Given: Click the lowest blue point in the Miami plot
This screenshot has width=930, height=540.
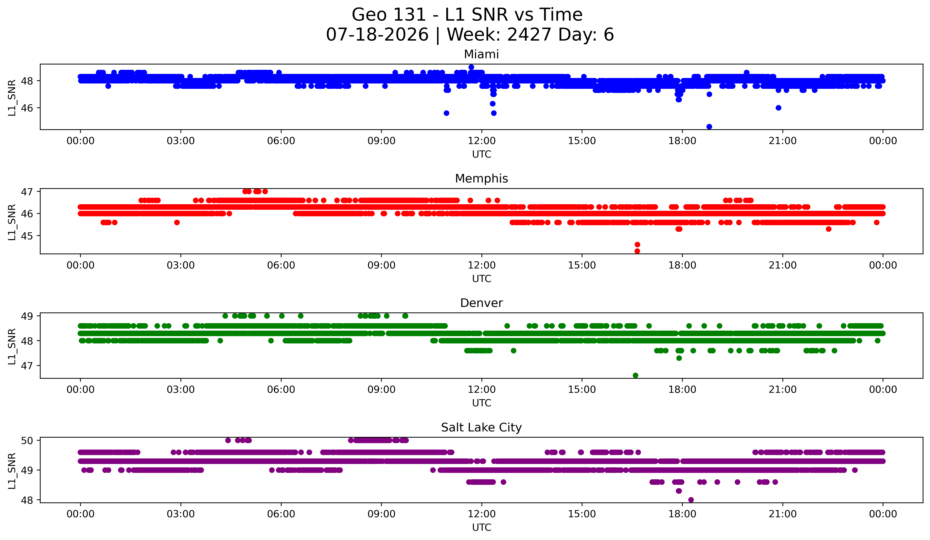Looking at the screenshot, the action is tap(709, 127).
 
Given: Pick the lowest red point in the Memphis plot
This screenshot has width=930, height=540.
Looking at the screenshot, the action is tap(637, 251).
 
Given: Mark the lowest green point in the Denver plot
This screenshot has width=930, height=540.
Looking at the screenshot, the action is tap(635, 375).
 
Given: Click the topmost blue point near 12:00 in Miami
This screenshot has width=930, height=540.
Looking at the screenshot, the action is tap(471, 67).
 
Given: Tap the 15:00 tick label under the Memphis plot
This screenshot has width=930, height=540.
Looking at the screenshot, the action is tap(582, 265).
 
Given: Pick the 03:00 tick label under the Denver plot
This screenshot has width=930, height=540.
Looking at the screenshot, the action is tap(181, 390).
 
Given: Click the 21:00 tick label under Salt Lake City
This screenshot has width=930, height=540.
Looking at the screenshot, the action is tap(783, 514).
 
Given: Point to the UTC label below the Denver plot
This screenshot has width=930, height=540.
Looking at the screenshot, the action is tap(482, 403).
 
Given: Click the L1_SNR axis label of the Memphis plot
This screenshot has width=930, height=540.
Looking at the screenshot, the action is tap(12, 222).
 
